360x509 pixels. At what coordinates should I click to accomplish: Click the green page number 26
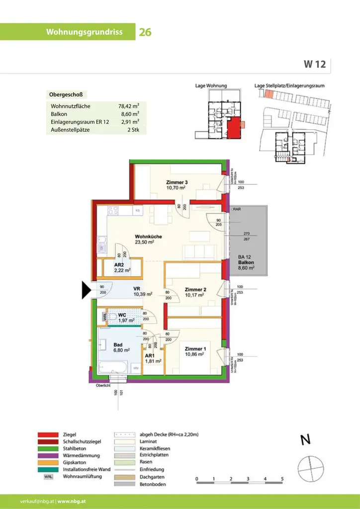point(145,32)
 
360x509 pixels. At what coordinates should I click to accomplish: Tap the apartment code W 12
point(315,64)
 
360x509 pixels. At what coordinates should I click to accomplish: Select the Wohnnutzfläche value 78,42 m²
point(128,106)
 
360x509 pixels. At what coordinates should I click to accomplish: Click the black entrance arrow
point(86,290)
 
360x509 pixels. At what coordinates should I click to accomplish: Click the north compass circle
point(310,468)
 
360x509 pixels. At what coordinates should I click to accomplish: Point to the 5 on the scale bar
point(282,479)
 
